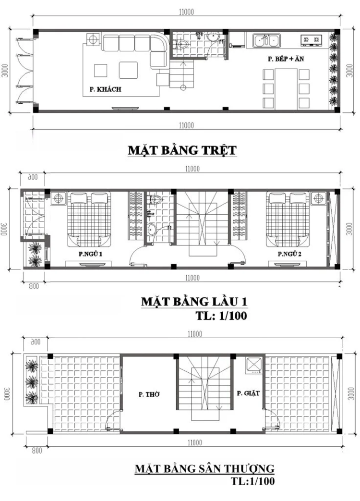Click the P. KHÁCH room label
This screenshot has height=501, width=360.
[x=105, y=89]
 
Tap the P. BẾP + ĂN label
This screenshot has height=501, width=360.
[x=287, y=60]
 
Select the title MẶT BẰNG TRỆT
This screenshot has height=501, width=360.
[x=182, y=150]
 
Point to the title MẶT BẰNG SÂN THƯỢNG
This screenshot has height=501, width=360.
[x=204, y=468]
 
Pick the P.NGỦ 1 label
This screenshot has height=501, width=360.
[x=90, y=254]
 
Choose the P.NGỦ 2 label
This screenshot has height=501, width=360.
[x=289, y=254]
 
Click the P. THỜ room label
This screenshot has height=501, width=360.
[x=149, y=394]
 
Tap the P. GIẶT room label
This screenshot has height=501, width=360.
[x=248, y=393]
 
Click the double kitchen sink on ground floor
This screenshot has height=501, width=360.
[x=267, y=40]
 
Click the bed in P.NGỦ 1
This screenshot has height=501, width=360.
[x=90, y=216]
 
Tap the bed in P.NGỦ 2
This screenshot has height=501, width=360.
[x=287, y=216]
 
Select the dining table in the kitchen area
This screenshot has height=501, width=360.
[x=287, y=88]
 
